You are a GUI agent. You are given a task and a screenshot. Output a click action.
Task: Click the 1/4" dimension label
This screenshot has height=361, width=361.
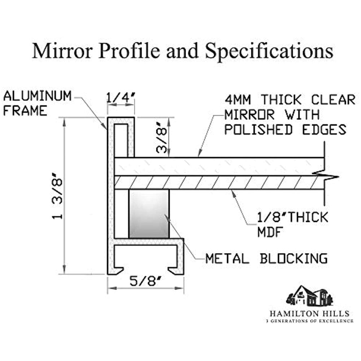[121, 97]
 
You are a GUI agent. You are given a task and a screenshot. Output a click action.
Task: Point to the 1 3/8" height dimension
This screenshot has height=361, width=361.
[58, 197]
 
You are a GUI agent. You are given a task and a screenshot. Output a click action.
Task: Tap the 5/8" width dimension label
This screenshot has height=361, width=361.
[145, 282]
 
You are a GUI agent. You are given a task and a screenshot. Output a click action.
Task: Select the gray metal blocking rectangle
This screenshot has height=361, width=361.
[149, 214]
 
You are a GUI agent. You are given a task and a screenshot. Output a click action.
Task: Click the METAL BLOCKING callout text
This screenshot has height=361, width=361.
[266, 258]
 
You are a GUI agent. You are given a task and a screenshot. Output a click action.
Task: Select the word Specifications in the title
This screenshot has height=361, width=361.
[269, 51]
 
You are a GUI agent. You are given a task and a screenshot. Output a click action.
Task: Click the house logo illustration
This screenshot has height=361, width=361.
[309, 296]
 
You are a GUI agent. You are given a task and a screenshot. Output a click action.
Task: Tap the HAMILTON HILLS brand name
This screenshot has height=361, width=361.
[309, 313]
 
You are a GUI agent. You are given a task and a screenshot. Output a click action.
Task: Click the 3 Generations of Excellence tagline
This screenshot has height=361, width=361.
[309, 321]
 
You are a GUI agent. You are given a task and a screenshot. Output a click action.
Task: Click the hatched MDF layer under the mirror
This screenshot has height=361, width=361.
[217, 182]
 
